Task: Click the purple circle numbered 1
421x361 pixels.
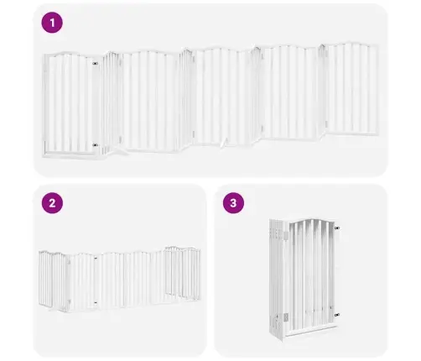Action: click(x=52, y=23)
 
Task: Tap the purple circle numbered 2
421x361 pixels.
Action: click(x=52, y=203)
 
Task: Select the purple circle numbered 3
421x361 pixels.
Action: click(x=233, y=203)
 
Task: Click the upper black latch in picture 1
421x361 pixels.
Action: click(x=95, y=64)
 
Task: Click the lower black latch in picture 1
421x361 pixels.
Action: click(x=95, y=145)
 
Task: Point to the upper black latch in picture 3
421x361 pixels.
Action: click(x=337, y=228)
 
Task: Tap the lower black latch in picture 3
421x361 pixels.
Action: click(x=337, y=315)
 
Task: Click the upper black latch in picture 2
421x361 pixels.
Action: click(x=96, y=258)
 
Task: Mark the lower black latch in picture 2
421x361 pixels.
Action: click(x=96, y=302)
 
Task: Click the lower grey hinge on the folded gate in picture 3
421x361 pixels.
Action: click(x=286, y=317)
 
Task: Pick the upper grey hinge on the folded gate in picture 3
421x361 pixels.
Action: click(x=286, y=235)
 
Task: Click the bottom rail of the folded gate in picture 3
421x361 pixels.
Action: click(x=311, y=330)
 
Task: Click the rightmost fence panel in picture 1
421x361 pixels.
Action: click(x=351, y=89)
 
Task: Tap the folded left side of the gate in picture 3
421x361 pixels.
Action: click(x=278, y=280)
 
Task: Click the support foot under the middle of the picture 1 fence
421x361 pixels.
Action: click(x=224, y=144)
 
